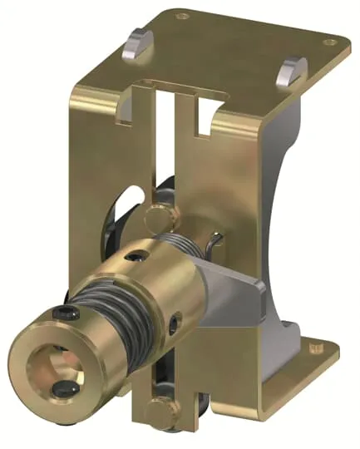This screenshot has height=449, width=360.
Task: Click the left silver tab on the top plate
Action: pos(137,42)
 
